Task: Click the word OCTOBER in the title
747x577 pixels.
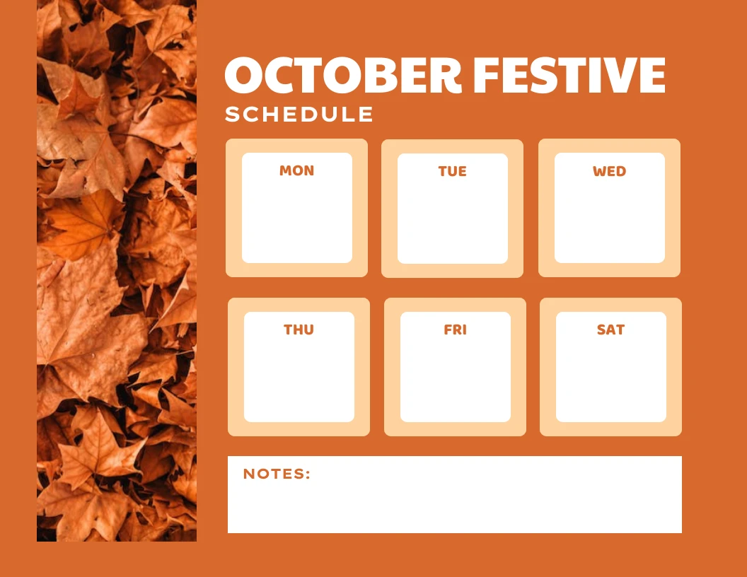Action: point(343,75)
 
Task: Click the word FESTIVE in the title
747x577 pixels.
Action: point(569,75)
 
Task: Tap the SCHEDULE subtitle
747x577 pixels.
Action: point(299,115)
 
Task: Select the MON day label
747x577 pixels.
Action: point(296,170)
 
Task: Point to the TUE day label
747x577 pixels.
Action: point(453,171)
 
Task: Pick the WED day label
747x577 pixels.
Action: point(609,171)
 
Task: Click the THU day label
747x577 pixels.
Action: point(299,330)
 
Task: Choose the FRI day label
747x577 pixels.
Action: point(455,330)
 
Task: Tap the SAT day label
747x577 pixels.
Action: point(610,330)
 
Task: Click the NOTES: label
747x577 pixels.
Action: point(277,474)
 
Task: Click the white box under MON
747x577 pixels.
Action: point(297,219)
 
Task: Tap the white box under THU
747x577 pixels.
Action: point(299,378)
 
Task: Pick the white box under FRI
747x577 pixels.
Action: point(456,378)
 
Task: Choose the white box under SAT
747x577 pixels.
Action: point(611,378)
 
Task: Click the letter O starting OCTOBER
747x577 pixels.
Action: point(244,75)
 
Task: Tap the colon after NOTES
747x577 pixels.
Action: point(308,474)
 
